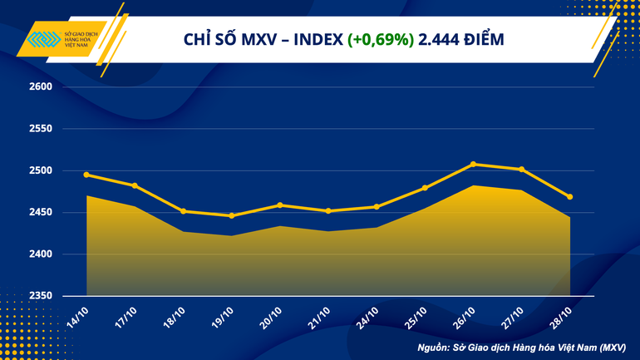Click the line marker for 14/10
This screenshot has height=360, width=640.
pyautogui.click(x=86, y=175)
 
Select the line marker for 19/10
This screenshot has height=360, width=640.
pyautogui.click(x=231, y=216)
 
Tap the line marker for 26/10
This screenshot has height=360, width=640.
pyautogui.click(x=473, y=164)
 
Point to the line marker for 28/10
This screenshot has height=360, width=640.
pyautogui.click(x=570, y=197)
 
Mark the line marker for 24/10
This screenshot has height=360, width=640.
pyautogui.click(x=377, y=207)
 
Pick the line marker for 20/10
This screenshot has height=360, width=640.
pyautogui.click(x=279, y=205)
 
